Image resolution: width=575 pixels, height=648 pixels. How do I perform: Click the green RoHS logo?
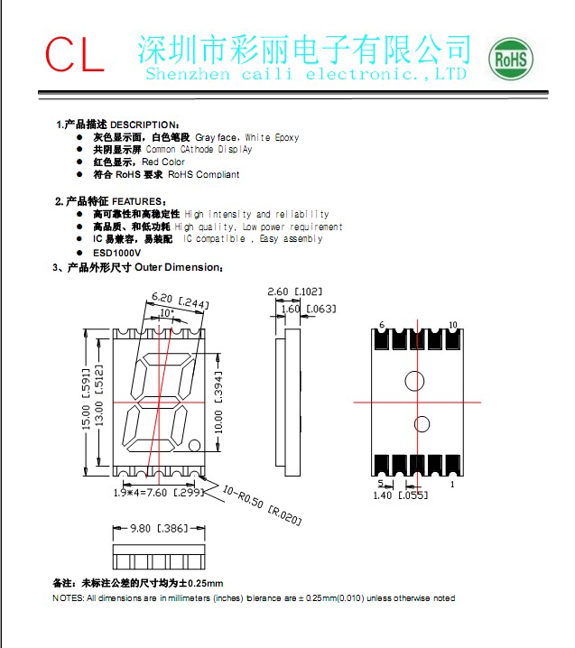[x=511, y=60]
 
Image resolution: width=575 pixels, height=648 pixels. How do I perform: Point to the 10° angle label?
[x=166, y=313]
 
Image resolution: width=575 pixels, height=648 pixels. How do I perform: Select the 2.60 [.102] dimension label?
[x=294, y=292]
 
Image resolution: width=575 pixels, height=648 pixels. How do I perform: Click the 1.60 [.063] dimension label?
[x=308, y=310]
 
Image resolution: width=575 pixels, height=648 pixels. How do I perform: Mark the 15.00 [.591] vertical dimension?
[x=87, y=400]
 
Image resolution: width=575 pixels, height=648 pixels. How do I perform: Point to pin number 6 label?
[x=382, y=324]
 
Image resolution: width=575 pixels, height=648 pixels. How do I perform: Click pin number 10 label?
[x=452, y=324]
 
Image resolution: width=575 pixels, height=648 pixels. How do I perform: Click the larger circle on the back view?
[x=414, y=380]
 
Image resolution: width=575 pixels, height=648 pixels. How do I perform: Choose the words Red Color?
[x=163, y=162]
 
